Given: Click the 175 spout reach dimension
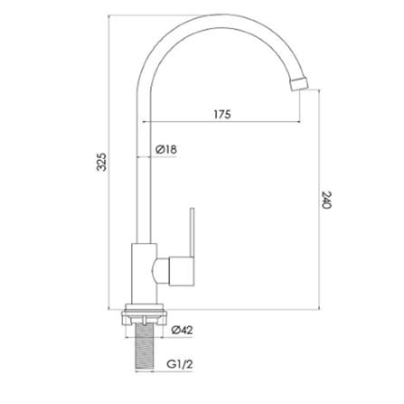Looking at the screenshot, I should (223, 114).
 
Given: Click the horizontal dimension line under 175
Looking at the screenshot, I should (226, 125).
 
